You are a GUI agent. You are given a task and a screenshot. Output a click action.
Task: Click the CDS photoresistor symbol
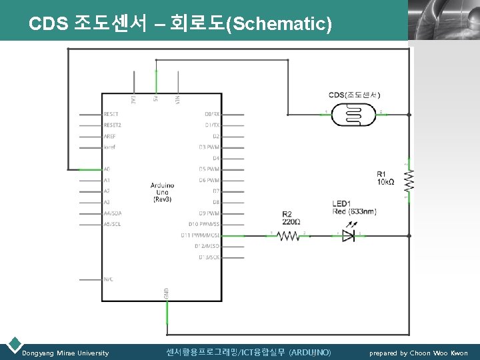353,114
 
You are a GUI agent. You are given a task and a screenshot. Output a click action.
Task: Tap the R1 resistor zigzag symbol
409,179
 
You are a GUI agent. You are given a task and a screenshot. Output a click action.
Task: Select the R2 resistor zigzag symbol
289,235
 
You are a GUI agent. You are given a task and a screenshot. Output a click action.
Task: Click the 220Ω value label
292,221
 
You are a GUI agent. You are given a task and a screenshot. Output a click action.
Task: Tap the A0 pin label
107,169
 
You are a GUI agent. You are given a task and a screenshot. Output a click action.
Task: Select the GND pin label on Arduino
166,293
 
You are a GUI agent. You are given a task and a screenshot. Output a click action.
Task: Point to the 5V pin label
155,99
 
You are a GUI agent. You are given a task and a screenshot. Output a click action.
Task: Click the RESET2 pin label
112,125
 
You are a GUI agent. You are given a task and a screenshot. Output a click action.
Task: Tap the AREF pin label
109,136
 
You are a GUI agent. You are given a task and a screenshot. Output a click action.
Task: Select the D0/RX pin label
212,115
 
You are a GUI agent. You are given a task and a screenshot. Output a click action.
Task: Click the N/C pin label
108,279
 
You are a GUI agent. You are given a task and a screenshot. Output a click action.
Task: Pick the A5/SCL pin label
112,224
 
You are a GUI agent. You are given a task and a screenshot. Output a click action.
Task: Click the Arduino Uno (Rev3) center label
163,192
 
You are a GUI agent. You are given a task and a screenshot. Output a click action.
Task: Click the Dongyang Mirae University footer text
65,353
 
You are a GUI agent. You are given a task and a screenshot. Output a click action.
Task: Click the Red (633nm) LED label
355,211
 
